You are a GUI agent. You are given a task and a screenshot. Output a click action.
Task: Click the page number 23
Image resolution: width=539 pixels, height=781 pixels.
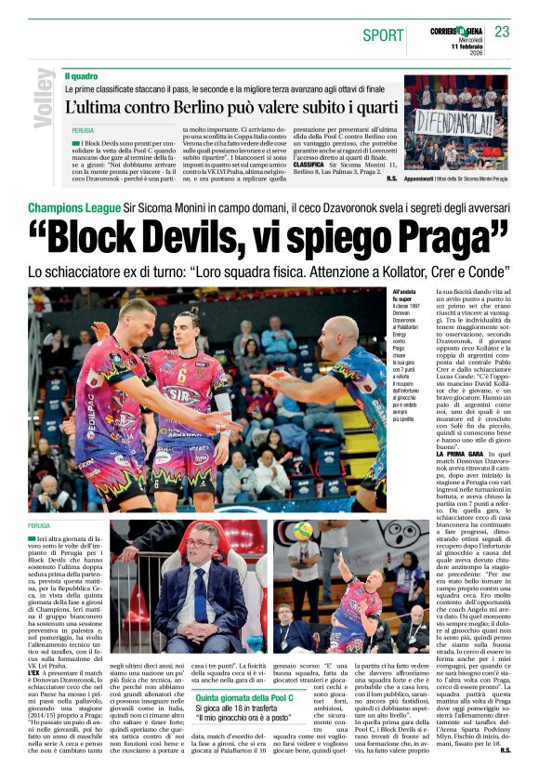(503, 33)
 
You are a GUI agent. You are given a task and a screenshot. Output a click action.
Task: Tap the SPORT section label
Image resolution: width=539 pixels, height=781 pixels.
(383, 35)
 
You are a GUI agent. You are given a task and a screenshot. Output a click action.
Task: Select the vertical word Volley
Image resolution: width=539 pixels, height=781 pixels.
(42, 99)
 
